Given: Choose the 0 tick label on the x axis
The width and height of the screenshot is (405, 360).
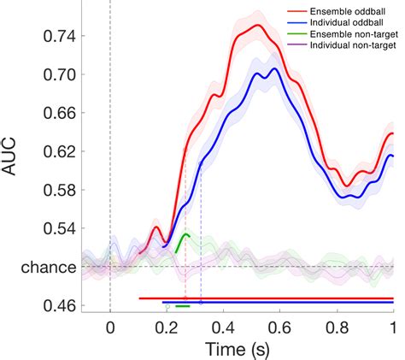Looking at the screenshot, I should pyautogui.click(x=110, y=327).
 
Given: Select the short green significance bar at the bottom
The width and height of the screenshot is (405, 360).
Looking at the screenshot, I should pyautogui.click(x=182, y=305).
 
